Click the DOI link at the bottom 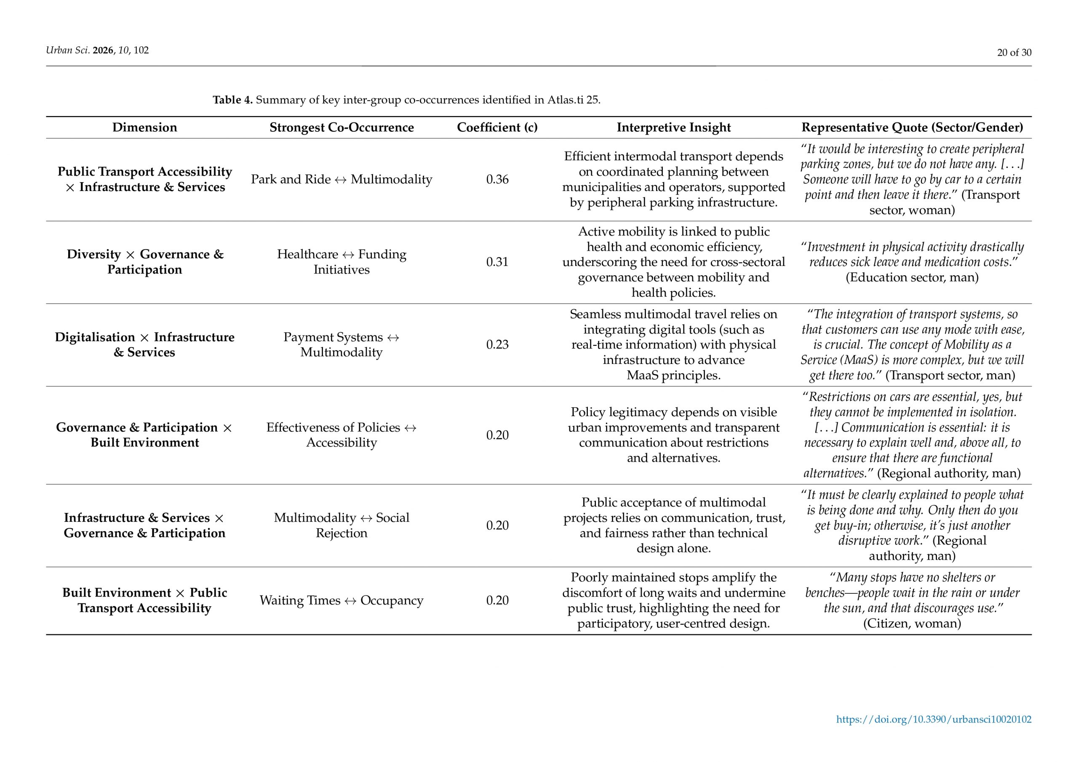pos(934,720)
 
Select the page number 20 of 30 pos(1014,53)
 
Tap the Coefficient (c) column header pos(497,127)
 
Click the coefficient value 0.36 pos(497,179)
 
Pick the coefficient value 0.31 pos(497,262)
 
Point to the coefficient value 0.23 pos(497,345)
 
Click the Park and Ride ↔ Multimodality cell pos(342,179)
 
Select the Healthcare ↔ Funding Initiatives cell pos(342,262)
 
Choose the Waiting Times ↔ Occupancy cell pos(342,600)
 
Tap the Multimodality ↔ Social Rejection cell pos(342,525)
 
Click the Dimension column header pos(144,127)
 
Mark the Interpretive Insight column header pos(673,127)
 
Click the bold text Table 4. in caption pos(232,100)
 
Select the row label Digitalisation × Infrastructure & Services pos(144,345)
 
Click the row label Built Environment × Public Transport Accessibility pos(144,600)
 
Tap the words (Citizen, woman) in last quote pos(912,623)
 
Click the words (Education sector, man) pos(912,277)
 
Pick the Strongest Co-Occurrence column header pos(342,127)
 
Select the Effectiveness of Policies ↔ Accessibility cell pos(342,435)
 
